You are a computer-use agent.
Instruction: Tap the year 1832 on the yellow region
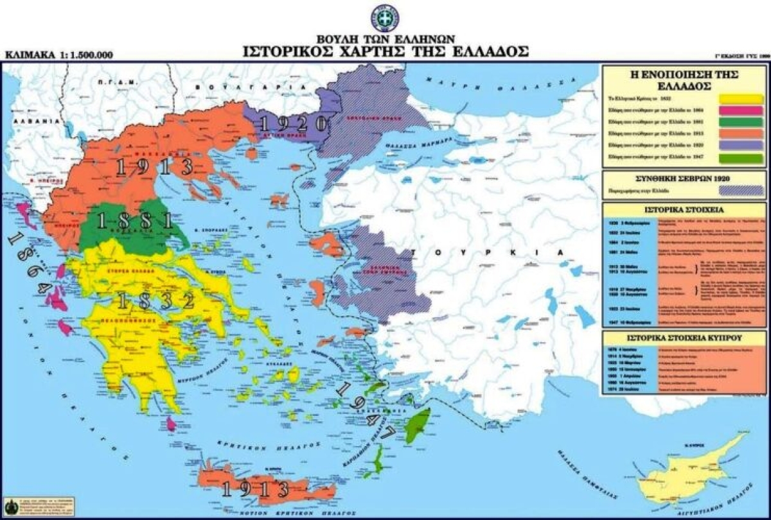click(155, 300)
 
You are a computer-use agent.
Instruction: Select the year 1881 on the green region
click(135, 221)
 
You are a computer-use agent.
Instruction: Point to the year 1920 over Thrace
click(290, 123)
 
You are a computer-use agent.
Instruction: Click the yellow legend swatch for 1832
click(741, 100)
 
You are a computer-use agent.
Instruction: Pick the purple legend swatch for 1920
click(741, 146)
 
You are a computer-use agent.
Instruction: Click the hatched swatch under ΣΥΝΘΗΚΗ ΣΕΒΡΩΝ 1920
click(741, 191)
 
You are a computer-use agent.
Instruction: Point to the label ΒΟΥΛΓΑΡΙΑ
click(226, 85)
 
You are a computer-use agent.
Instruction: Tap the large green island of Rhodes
click(419, 424)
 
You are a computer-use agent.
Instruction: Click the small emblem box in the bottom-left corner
click(10, 504)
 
